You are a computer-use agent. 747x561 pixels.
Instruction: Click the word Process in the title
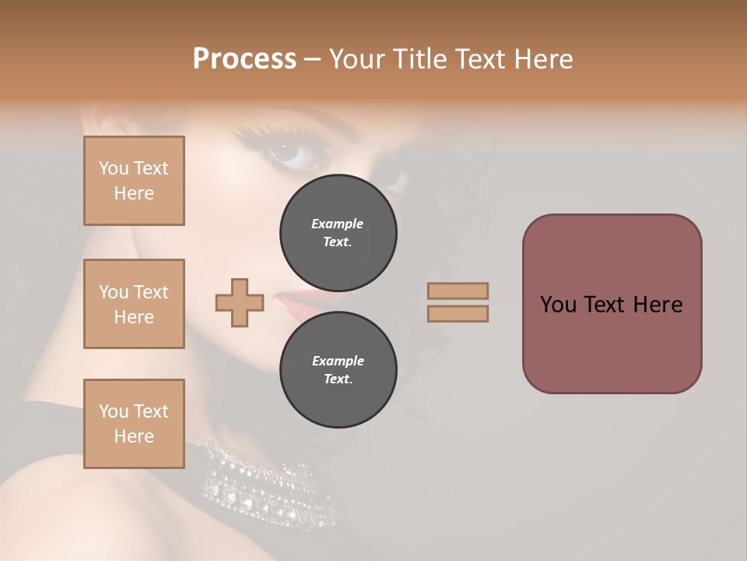point(244,59)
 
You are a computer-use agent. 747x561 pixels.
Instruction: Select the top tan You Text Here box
point(134,181)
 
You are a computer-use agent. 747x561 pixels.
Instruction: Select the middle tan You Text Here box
point(134,304)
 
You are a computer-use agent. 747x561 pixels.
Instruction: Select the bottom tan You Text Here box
point(134,423)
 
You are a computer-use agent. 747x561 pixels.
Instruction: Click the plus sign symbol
point(240,302)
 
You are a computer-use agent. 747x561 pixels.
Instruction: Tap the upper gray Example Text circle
point(338,232)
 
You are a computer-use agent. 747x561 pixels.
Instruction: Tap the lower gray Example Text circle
point(338,369)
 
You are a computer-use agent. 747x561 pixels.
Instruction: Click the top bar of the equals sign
point(458,291)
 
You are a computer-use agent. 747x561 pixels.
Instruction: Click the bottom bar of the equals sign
point(458,313)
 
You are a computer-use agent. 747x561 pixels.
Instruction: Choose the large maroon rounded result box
point(612,304)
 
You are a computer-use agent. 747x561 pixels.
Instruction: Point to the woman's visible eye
point(292,152)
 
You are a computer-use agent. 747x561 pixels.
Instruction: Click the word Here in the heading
point(544,59)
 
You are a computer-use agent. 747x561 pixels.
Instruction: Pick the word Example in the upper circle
point(338,224)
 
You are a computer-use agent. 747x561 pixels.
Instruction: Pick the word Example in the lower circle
point(338,361)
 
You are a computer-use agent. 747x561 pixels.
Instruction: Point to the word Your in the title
point(354,59)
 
